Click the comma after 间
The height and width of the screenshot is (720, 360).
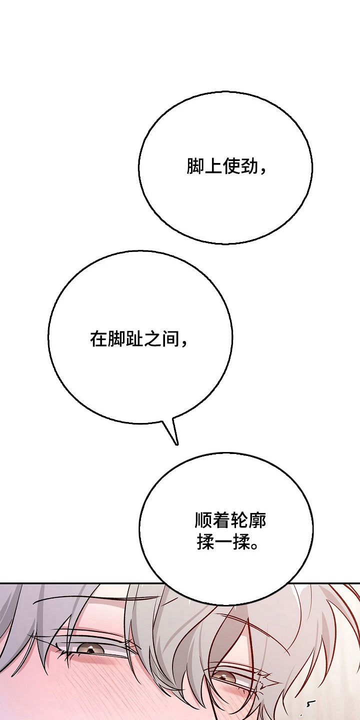pyautogui.click(x=183, y=343)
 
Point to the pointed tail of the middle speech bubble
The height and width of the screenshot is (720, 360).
pyautogui.click(x=176, y=444)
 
